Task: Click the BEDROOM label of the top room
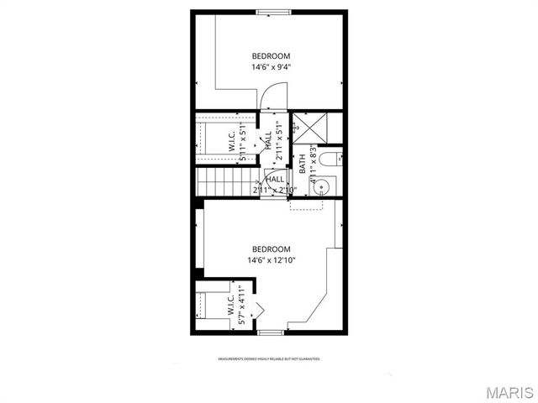click(271, 56)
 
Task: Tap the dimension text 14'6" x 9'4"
click(271, 67)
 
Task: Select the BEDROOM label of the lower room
click(271, 249)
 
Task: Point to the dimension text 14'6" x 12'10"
click(271, 260)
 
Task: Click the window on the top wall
click(274, 12)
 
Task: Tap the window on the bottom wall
click(271, 333)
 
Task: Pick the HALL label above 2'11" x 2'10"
click(275, 179)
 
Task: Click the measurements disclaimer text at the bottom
click(269, 359)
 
